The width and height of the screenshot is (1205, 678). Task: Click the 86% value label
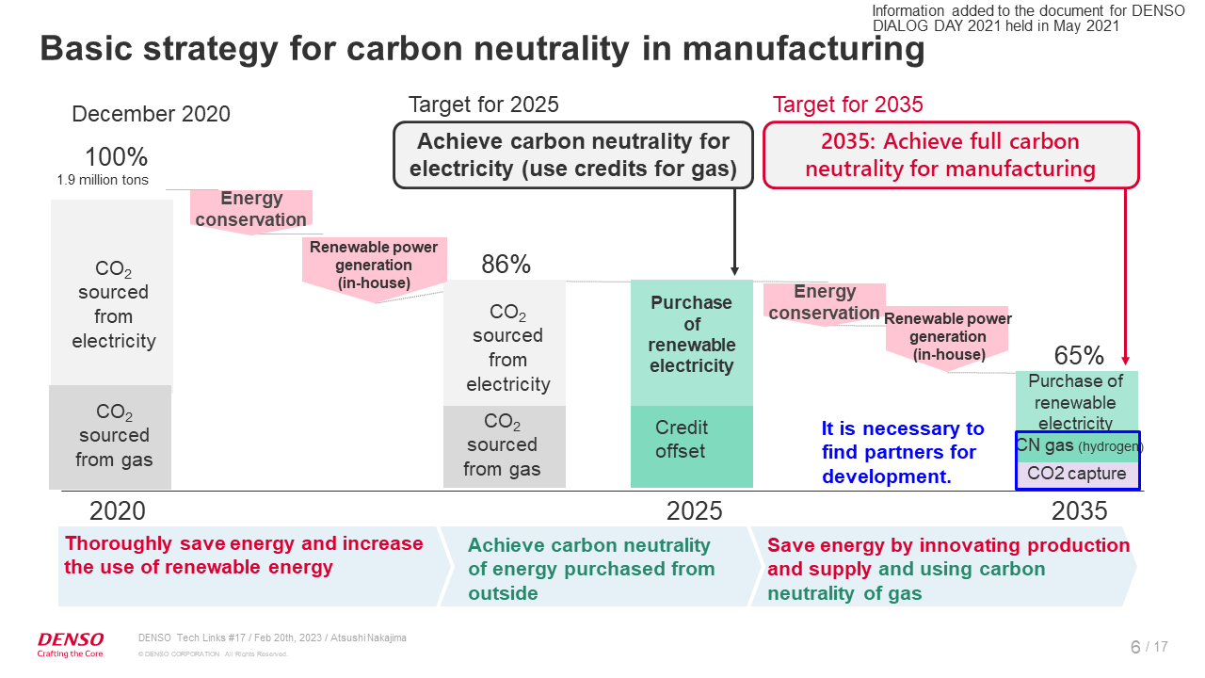coord(506,266)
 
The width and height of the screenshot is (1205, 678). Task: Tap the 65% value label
coord(1079,356)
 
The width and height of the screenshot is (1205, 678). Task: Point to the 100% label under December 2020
coord(116,157)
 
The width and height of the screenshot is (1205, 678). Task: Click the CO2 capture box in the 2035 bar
coord(1076,474)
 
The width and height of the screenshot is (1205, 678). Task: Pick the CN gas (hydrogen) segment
coord(1078,445)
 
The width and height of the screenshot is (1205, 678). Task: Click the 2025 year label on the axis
coord(695,510)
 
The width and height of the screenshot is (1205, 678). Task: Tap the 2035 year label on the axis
coord(1079,510)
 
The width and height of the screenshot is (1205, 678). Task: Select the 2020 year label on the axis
coord(118,510)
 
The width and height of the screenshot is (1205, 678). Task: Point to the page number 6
coord(1135,647)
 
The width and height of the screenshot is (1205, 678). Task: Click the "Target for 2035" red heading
coord(847,105)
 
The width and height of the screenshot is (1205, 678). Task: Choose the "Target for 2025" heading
coord(483,105)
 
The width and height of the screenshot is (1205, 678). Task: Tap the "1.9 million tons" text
coord(104,180)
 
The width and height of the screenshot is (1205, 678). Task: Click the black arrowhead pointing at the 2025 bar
coord(734,270)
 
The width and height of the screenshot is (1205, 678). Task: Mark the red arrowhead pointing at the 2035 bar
coord(1125,361)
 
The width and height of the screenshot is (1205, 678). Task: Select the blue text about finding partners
coord(902,452)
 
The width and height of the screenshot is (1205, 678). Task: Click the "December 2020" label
coord(151,114)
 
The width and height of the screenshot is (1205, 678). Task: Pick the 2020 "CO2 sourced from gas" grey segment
coord(111,437)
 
